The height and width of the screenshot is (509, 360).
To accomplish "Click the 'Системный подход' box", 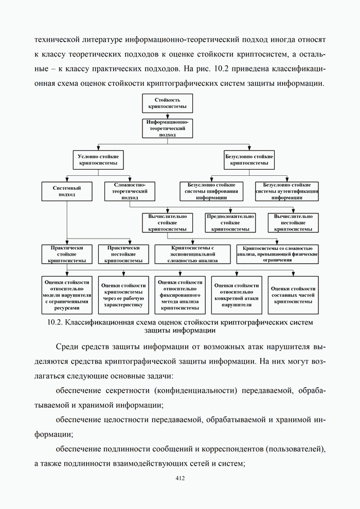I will (x=67, y=191).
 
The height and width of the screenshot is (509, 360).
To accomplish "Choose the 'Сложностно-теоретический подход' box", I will (x=125, y=191).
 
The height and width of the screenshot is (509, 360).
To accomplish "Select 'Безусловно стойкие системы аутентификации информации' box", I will (x=287, y=191).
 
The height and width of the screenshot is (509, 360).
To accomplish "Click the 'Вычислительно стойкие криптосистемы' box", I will (x=167, y=223).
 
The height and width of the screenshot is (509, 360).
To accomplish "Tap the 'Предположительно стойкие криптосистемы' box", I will (x=230, y=223).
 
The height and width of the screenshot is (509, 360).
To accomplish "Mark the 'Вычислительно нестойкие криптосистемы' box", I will (x=293, y=223).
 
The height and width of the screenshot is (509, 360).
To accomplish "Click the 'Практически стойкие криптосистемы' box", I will (x=67, y=254).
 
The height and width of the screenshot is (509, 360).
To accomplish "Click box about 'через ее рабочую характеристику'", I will (x=123, y=295).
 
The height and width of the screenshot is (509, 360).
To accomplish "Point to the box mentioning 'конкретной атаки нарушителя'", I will (x=237, y=295).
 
